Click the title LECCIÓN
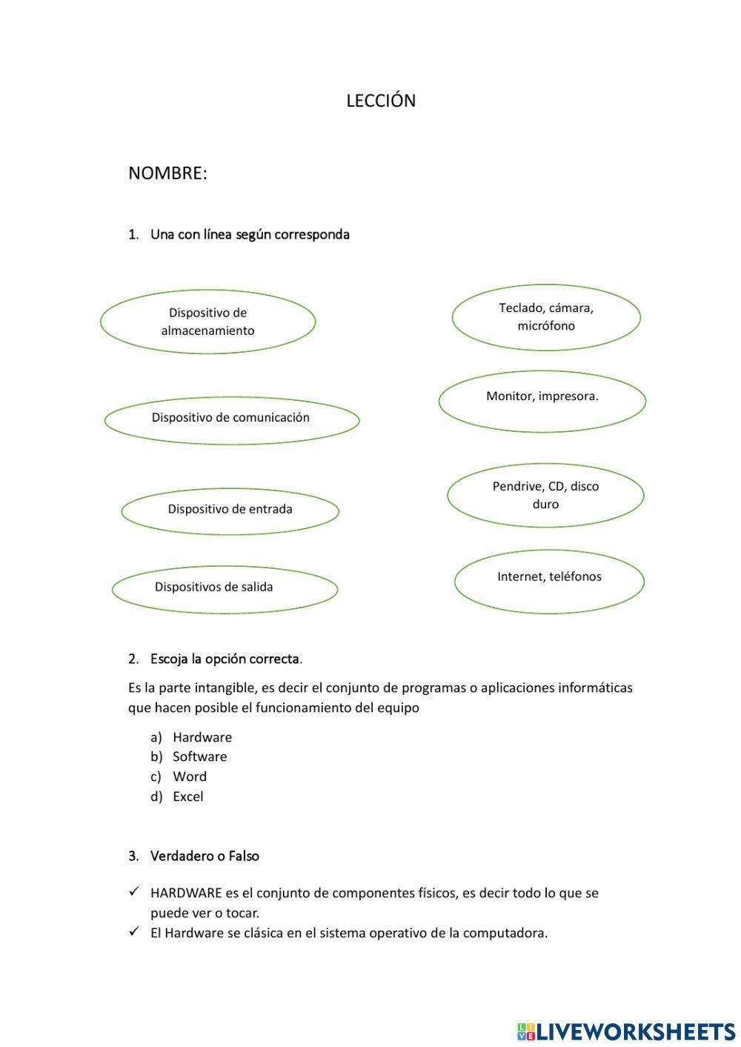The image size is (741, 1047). point(381,101)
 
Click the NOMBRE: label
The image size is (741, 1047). point(167,173)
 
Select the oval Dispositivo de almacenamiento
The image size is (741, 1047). point(207,322)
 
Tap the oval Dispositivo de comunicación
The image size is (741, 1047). point(231,418)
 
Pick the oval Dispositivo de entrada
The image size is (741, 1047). point(230,509)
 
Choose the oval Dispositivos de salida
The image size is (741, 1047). point(225,588)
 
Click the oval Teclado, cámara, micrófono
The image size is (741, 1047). point(546,317)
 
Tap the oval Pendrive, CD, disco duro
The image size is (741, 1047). point(545,495)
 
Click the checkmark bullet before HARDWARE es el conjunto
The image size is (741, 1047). point(134,892)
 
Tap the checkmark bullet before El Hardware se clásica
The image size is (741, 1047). point(134,932)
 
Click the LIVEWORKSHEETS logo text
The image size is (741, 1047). point(635,1031)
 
